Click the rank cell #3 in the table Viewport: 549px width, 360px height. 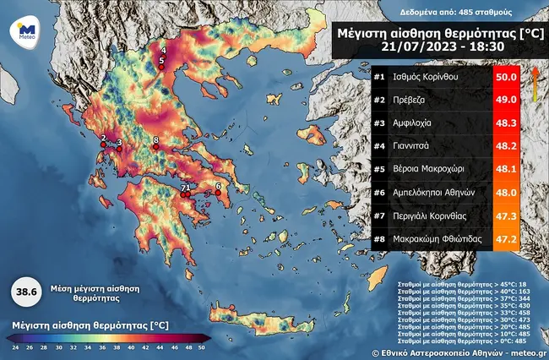pyautogui.click(x=380, y=124)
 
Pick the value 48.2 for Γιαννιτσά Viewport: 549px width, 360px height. pyautogui.click(x=505, y=147)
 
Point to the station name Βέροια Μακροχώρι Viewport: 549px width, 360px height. pyautogui.click(x=448, y=170)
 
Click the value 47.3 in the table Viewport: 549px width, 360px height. pyautogui.click(x=505, y=215)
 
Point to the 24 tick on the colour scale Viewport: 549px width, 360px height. pyautogui.click(x=14, y=348)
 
